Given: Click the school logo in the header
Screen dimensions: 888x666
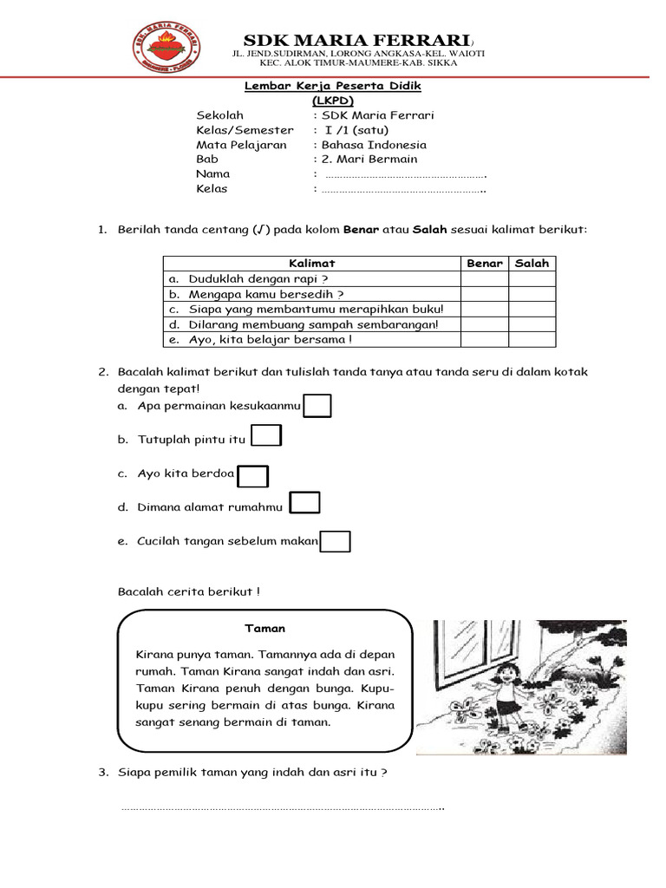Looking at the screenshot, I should point(166,49).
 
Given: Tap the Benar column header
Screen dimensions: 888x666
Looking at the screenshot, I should point(485,263).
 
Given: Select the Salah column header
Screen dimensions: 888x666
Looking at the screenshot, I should point(532,263).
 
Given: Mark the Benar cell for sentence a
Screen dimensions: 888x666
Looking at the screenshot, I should point(485,278).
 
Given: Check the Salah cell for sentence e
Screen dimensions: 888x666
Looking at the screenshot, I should point(532,339).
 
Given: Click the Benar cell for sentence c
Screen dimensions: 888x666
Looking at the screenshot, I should point(485,309).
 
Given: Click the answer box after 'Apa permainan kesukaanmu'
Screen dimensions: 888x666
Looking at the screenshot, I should point(317,406).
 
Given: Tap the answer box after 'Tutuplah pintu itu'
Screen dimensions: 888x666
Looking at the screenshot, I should point(266,436).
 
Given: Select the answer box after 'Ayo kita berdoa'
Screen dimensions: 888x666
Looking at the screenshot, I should point(253,476).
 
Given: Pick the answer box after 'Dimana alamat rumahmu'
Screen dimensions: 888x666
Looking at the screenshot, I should point(305,504).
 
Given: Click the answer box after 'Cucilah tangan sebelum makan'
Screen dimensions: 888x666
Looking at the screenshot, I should point(336,542).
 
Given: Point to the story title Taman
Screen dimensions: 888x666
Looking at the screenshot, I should point(264,629).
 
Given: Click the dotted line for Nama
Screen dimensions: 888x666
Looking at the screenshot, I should point(404,175).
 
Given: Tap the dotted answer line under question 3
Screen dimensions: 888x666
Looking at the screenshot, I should point(282,808).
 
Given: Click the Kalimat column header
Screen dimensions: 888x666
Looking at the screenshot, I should point(311,263).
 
